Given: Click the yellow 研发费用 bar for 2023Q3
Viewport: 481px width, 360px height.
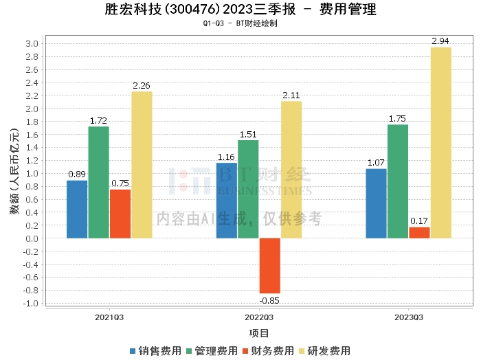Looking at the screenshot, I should (x=440, y=143).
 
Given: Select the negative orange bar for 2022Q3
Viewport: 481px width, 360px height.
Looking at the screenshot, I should (x=269, y=266).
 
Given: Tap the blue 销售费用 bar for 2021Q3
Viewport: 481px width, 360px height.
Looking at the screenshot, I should (x=77, y=209).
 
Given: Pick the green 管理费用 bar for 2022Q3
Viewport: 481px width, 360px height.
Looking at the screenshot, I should (x=248, y=189).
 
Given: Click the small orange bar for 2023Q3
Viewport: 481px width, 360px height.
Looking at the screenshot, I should (x=419, y=232).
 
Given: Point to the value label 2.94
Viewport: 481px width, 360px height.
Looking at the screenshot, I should (x=440, y=41).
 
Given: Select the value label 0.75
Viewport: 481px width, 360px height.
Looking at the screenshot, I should (x=120, y=183).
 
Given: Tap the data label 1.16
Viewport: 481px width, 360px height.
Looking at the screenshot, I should (x=226, y=157).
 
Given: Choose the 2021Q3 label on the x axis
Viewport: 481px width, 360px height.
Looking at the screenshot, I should (x=109, y=317).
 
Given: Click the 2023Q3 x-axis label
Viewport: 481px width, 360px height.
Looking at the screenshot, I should (x=409, y=317).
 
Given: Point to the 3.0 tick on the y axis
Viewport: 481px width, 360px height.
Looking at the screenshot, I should (x=32, y=43).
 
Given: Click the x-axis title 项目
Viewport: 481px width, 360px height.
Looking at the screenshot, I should (x=259, y=333).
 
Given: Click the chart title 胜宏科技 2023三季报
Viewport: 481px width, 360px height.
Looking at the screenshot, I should (x=240, y=10).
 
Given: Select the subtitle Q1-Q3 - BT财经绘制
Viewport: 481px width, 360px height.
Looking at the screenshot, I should (x=240, y=23).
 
